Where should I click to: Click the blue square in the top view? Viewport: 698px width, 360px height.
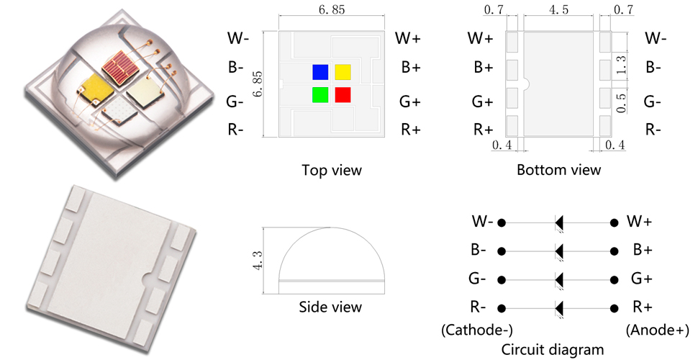click(x=320, y=71)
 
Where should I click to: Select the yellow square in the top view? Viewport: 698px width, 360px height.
click(x=343, y=71)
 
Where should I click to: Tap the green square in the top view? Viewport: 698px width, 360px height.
click(x=320, y=94)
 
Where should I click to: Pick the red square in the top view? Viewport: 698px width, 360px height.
click(x=343, y=94)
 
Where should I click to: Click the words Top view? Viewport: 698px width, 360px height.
click(x=332, y=171)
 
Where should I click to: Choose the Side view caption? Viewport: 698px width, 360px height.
click(x=330, y=307)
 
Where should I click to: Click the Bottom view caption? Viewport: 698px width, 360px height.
click(x=558, y=171)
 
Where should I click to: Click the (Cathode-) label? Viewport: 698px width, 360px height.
click(x=467, y=330)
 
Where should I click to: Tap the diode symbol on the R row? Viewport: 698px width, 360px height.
click(x=558, y=308)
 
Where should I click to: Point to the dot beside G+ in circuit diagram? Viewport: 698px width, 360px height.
click(x=614, y=280)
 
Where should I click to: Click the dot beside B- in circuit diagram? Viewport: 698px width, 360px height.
click(x=502, y=251)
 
